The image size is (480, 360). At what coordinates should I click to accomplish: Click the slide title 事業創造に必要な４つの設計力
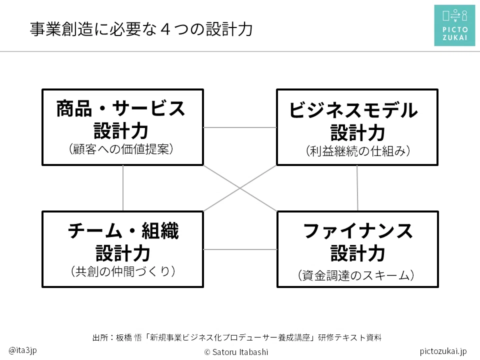click(141, 29)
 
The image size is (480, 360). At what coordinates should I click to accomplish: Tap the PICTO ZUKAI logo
click(454, 25)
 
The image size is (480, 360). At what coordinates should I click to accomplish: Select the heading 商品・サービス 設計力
click(121, 119)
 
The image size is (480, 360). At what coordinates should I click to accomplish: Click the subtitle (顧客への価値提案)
click(121, 149)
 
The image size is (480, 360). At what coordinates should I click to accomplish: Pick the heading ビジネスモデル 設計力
click(354, 121)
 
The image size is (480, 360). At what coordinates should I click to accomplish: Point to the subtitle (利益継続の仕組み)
click(358, 151)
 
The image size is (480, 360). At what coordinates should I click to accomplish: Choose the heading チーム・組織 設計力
click(123, 242)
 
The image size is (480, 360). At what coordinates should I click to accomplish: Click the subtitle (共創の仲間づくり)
click(123, 271)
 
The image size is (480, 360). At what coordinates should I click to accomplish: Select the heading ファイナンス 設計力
click(358, 242)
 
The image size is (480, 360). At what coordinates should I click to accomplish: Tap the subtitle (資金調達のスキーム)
click(356, 275)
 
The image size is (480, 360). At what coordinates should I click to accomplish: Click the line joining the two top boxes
click(240, 127)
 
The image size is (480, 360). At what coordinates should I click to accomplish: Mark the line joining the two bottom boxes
click(240, 249)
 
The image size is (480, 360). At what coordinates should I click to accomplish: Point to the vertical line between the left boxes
click(123, 188)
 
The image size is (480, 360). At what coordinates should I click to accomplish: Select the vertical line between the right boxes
click(357, 188)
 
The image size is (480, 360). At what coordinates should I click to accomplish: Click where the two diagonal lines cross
click(240, 188)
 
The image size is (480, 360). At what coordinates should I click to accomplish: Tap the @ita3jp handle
click(22, 350)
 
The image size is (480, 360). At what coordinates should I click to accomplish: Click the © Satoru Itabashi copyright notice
click(236, 352)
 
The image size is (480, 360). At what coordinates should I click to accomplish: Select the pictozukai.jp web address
click(443, 351)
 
